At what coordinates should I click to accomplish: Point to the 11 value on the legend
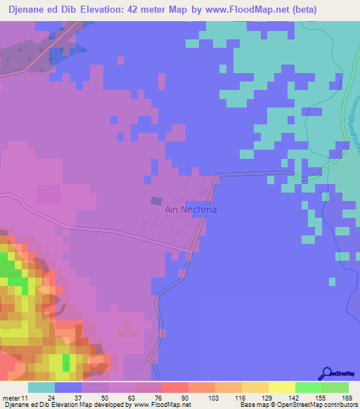pos(26,398)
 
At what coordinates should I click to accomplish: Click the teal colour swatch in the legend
pos(41,387)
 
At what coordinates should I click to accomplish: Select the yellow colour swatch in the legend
pos(282,387)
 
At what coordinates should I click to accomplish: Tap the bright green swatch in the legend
pos(309,387)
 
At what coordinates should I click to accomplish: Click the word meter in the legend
pos(11,398)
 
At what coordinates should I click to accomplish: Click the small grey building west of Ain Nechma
pos(155,200)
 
